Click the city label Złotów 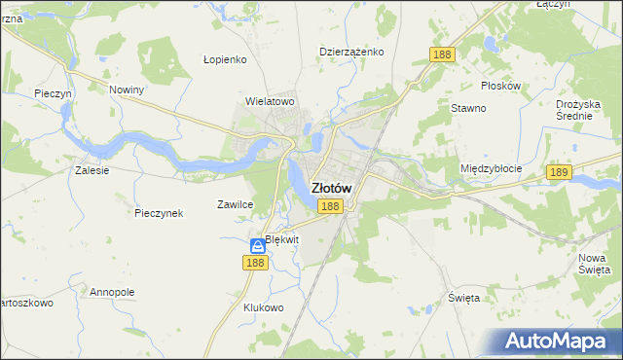[x=331, y=188]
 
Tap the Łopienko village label [x=225, y=58]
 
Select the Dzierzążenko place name [x=351, y=52]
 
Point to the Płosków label [x=500, y=85]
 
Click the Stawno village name [x=467, y=108]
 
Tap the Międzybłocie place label [x=491, y=168]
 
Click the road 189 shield [x=558, y=172]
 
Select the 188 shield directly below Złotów [x=330, y=206]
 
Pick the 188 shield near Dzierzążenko [x=442, y=55]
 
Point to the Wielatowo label [x=270, y=100]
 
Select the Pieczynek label [x=160, y=213]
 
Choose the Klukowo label [x=263, y=307]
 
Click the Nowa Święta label [x=593, y=262]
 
